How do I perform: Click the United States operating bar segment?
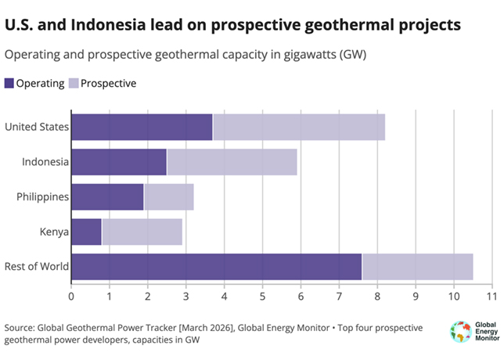coord(142,128)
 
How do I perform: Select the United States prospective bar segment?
coord(298,128)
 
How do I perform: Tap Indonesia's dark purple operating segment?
coord(119,162)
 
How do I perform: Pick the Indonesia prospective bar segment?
coord(232,162)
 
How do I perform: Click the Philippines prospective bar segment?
coord(168,197)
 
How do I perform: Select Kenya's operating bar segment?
coord(86,232)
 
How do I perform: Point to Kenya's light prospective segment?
coord(142,232)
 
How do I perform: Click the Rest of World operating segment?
coord(216,267)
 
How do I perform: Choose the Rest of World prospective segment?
coord(417,267)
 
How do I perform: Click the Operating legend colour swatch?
coord(9,83)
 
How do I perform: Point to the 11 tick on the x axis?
coord(491,297)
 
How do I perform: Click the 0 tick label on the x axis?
coord(71,297)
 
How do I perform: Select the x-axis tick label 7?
coord(339,297)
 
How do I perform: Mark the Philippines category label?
coord(42,197)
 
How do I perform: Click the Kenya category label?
coord(53,232)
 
